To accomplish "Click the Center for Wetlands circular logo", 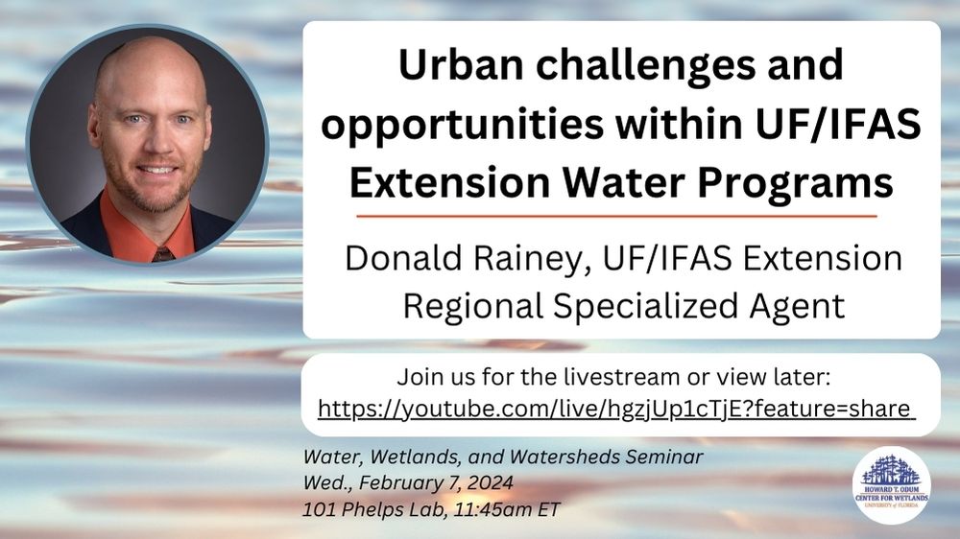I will click(891, 484).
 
